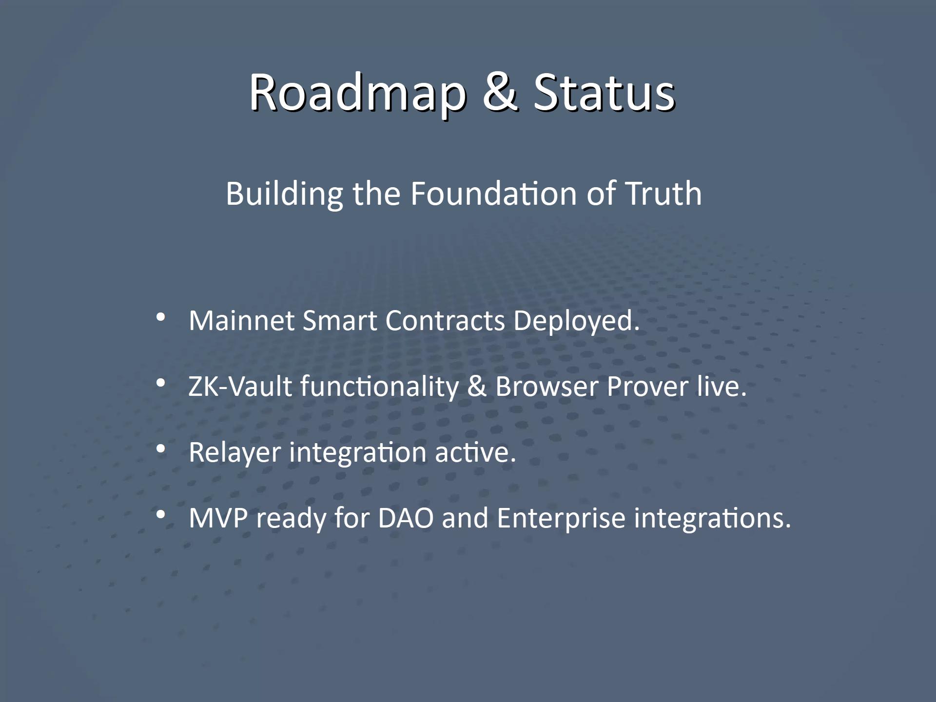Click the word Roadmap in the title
click(x=357, y=93)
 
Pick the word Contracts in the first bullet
click(x=445, y=321)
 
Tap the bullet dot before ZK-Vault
click(x=160, y=384)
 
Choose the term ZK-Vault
click(x=240, y=387)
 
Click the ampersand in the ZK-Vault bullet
click(x=477, y=386)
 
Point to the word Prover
click(x=647, y=387)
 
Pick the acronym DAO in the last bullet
click(x=406, y=518)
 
